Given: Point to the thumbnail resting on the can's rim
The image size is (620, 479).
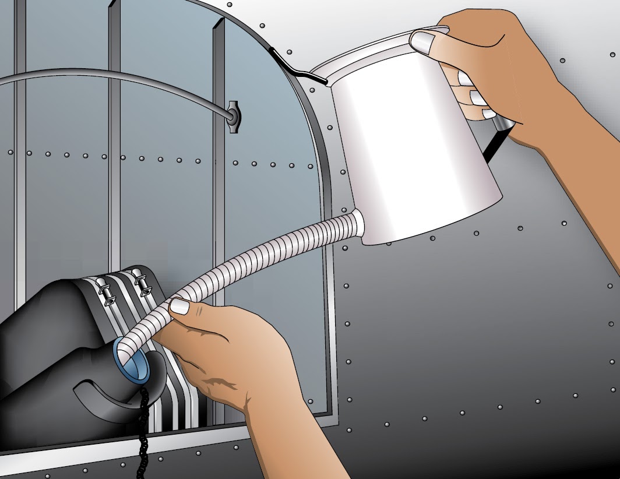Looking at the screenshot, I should click(424, 41).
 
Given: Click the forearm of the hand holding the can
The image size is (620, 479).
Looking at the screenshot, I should click(583, 175).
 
